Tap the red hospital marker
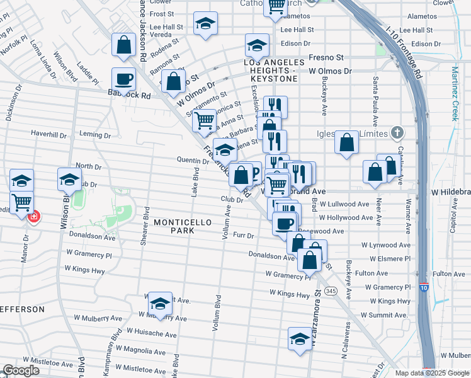point(33,216)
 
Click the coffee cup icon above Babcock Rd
point(123,79)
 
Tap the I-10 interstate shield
point(424,287)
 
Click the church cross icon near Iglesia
point(396,132)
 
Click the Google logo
point(21,370)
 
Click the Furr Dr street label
point(242,236)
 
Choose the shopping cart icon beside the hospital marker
point(22,202)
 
